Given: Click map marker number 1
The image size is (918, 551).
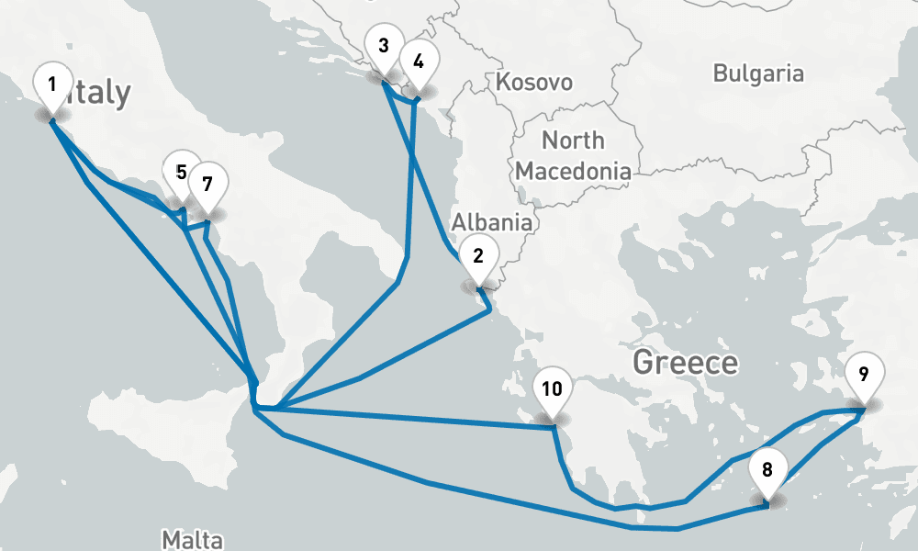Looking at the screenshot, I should pos(52,86).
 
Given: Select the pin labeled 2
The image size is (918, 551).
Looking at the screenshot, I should pos(478,258).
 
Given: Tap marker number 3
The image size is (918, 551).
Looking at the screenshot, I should pos(383,47).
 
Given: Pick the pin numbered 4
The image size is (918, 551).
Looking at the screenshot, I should pos(419,63).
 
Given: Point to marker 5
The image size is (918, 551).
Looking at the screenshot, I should pos(181,173).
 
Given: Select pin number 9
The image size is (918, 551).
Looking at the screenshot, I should pos(863,376).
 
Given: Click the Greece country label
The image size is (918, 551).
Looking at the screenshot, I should pos(686,363).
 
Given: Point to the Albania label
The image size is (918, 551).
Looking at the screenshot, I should pos(491,222).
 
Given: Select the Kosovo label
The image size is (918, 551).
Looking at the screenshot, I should pos(534,83).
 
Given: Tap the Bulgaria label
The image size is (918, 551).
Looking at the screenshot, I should pos(758,73).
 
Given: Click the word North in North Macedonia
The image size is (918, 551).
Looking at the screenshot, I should pos(573,141).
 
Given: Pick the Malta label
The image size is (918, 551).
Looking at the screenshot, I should pos(192,538).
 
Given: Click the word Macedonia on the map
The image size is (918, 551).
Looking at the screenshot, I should pos(573,171).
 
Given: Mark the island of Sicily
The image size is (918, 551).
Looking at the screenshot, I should pos(184,441).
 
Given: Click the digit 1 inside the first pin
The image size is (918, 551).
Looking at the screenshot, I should pos(52,84).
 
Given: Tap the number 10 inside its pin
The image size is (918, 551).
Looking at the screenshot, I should pos(552,388).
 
